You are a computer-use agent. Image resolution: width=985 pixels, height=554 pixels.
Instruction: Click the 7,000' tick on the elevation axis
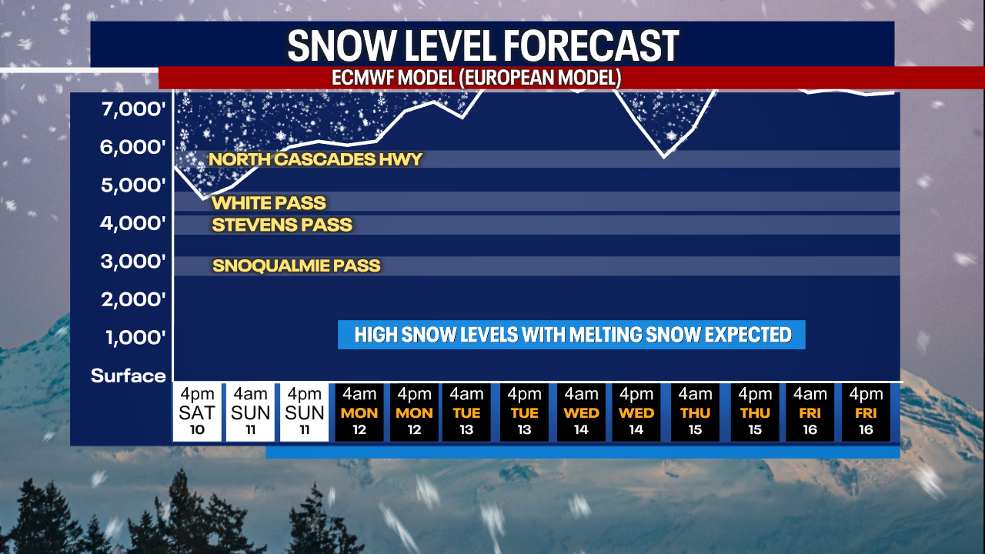pyautogui.click(x=133, y=108)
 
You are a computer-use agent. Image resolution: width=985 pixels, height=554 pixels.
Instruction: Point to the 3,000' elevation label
pyautogui.click(x=133, y=261)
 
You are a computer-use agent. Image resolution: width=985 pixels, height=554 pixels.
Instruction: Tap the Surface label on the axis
pyautogui.click(x=128, y=376)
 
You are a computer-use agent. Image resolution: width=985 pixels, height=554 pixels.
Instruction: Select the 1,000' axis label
pyautogui.click(x=135, y=338)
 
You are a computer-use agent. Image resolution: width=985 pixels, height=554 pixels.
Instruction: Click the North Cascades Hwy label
pyautogui.click(x=316, y=159)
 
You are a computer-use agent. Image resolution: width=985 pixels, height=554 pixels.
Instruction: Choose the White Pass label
pyautogui.click(x=269, y=203)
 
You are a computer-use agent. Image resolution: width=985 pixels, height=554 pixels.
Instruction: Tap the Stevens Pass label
pyautogui.click(x=282, y=225)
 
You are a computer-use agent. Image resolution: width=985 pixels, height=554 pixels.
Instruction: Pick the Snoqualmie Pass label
pyautogui.click(x=296, y=265)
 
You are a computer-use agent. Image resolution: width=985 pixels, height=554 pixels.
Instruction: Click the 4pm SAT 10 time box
pyautogui.click(x=197, y=412)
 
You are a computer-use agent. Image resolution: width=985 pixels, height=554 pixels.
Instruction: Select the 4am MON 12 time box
pyautogui.click(x=359, y=412)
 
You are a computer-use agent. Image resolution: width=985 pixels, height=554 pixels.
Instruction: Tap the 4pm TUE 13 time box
pyautogui.click(x=524, y=412)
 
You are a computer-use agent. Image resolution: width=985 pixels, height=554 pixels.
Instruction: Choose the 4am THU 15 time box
pyautogui.click(x=695, y=412)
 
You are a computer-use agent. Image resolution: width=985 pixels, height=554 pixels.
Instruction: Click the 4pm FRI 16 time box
pyautogui.click(x=866, y=412)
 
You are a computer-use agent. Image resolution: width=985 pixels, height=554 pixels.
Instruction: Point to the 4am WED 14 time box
pyautogui.click(x=581, y=412)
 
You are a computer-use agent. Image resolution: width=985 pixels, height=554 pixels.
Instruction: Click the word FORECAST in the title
pyautogui.click(x=591, y=45)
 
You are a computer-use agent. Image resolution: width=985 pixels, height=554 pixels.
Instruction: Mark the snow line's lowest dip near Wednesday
pyautogui.click(x=664, y=156)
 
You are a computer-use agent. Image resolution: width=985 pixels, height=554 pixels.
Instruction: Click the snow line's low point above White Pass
pyautogui.click(x=204, y=199)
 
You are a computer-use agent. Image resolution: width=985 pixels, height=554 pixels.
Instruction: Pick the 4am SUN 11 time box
pyautogui.click(x=250, y=412)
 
